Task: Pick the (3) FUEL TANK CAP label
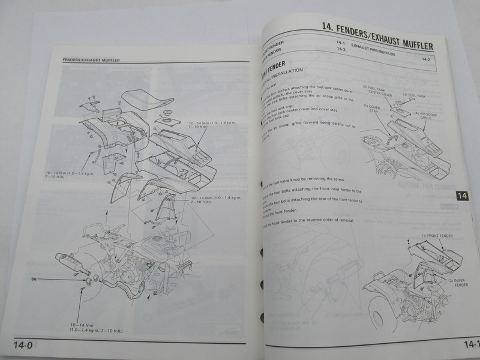(414, 97)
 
